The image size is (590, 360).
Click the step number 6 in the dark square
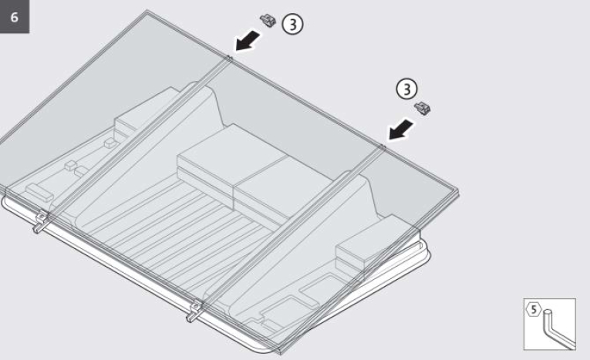tap(15, 17)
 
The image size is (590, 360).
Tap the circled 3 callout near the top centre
tap(292, 24)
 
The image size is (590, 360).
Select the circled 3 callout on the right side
tap(406, 89)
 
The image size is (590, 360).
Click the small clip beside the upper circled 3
tap(268, 20)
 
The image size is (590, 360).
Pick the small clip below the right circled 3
tap(423, 108)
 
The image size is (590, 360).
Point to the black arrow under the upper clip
tap(248, 41)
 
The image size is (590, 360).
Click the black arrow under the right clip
tap(401, 130)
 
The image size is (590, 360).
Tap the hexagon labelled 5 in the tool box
tap(534, 310)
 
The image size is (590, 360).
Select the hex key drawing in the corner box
tap(558, 328)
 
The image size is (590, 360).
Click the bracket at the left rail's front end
tap(41, 221)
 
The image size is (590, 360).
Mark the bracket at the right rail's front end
tap(195, 311)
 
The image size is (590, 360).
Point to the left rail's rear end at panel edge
tap(229, 59)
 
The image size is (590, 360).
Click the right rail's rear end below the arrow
tap(383, 147)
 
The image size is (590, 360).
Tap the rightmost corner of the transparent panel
tap(458, 191)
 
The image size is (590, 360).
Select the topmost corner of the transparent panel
tap(147, 11)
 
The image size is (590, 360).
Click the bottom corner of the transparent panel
tap(280, 353)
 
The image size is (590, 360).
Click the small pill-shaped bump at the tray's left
tap(39, 192)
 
